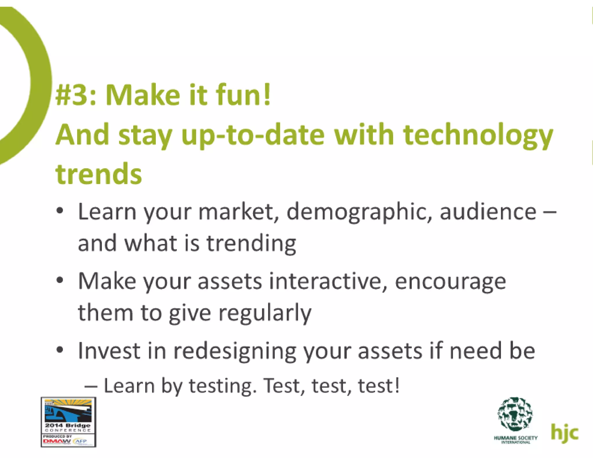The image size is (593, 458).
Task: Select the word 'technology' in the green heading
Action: click(478, 135)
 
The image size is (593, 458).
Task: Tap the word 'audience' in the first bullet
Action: click(488, 212)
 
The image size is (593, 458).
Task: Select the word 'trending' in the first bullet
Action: click(251, 243)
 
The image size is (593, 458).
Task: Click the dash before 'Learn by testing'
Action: click(91, 387)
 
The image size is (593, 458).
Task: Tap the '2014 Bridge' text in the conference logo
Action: click(68, 425)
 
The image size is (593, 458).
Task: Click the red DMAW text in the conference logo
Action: click(56, 441)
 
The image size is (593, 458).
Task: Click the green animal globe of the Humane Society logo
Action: click(515, 414)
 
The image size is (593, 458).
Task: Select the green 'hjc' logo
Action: click(564, 433)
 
